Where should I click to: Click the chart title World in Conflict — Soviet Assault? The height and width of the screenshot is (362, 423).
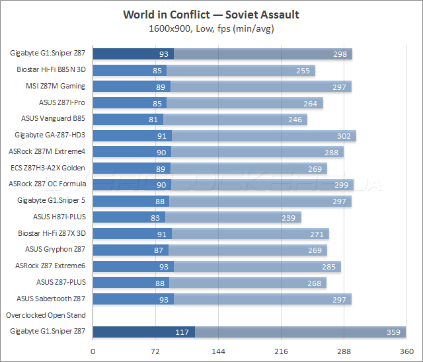211,15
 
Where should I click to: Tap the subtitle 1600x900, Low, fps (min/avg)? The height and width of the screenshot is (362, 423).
211,28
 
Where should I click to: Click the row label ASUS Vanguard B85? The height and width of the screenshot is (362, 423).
54,119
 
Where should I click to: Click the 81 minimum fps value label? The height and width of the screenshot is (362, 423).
153,119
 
